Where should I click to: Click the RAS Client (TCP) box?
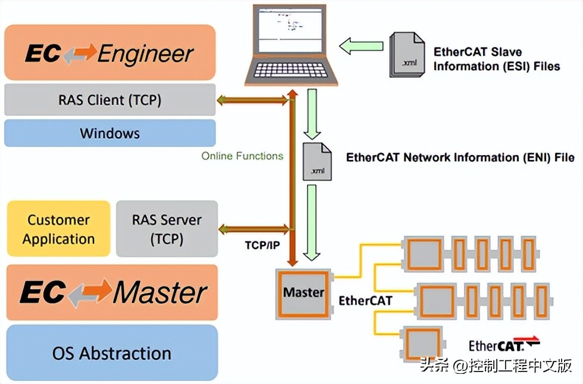coord(109,100)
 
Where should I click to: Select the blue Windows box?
coord(109,133)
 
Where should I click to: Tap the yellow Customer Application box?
coord(58,229)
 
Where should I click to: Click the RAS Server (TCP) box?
coord(167,229)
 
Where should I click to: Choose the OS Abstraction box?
coord(112,353)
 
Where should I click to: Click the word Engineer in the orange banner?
coord(146,54)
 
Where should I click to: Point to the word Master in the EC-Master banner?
coord(161,293)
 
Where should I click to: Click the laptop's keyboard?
coord(291,70)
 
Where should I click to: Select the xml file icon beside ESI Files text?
coord(407,55)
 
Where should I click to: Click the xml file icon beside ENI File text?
coord(317,162)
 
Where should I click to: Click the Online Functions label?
coord(242,156)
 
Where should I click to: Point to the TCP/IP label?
coord(262,245)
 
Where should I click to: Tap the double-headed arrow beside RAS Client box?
coord(253,100)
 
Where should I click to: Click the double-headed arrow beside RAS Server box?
coord(255,229)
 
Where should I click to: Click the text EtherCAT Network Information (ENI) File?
coord(460,158)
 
